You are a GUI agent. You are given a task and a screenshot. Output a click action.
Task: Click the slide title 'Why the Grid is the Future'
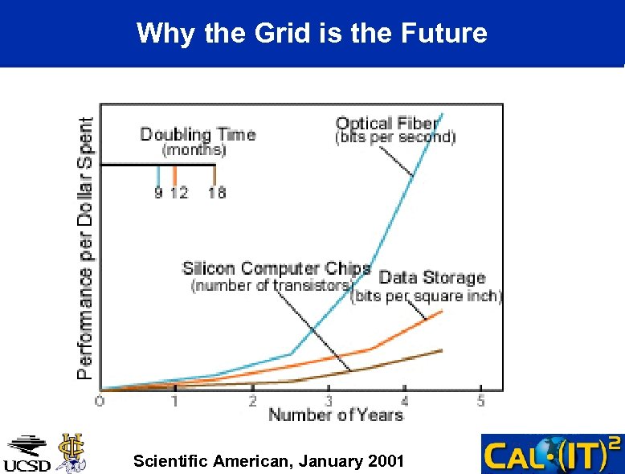coord(312,33)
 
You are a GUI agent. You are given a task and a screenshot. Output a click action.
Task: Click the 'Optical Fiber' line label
coord(387,123)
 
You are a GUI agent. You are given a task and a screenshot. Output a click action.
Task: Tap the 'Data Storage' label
coord(432,277)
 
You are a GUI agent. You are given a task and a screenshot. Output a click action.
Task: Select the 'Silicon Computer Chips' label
coord(276,268)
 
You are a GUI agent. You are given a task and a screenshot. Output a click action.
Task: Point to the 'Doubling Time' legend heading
coord(198,134)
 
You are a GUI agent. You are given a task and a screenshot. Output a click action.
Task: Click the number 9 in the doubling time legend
coord(158,193)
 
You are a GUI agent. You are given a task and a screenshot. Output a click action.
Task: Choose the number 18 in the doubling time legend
coord(216,193)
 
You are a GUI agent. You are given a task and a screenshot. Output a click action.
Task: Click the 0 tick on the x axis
coord(100,400)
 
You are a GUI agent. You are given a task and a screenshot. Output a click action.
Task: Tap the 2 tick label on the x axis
coord(252,400)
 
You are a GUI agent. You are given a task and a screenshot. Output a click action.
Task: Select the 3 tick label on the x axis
coord(329,400)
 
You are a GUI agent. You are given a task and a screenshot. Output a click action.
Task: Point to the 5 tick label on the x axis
coord(480,400)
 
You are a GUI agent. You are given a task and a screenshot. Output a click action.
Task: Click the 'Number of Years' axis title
coord(335,415)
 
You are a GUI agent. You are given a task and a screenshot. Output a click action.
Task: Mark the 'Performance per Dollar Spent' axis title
coord(85,245)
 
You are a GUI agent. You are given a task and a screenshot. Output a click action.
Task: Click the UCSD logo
coord(29,455)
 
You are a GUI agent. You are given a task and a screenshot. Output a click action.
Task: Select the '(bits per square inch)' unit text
coord(427,296)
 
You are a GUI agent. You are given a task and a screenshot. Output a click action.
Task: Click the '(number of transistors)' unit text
coord(271,285)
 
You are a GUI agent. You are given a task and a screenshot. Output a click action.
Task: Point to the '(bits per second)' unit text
coord(394,137)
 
